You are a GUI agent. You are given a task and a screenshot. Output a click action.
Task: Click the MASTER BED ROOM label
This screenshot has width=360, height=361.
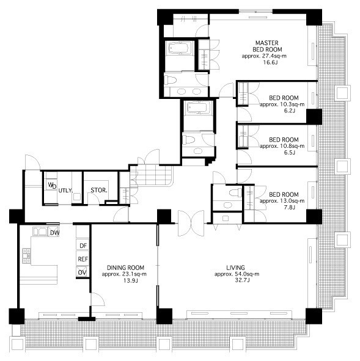coord(267,46)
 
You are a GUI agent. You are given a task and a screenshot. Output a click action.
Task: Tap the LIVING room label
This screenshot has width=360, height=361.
coord(235,268)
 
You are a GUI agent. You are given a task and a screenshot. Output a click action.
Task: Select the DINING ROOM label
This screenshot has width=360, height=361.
coord(125,268)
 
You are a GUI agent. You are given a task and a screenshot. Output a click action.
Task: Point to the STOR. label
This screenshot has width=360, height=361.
coord(99,190)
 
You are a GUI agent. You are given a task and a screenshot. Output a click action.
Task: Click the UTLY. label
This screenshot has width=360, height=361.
coord(65,191)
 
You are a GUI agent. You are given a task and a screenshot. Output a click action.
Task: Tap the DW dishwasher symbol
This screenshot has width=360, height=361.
coord(54,232)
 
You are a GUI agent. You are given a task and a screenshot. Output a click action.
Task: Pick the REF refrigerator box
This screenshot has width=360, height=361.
coord(83,259)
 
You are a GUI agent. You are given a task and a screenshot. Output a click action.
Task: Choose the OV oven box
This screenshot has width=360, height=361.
coord(83,272)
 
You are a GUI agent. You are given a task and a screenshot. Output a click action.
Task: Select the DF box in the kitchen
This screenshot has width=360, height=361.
coord(83,246)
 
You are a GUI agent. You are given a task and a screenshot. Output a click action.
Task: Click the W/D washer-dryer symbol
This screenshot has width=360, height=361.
coord(51,185)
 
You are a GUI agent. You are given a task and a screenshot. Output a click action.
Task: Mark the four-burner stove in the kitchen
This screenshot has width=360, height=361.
coord(26,256)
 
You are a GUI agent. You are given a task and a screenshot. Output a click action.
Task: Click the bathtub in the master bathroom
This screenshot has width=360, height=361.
coord(180,48)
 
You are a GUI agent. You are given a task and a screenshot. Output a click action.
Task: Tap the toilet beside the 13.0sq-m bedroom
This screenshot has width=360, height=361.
coord(235,192)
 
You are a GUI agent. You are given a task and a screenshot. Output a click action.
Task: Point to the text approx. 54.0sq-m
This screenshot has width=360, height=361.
coord(237,274)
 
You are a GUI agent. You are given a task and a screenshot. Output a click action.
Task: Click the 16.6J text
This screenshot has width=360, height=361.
coord(270,62)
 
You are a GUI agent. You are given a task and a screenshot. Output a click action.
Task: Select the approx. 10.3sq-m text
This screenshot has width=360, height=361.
coord(282,104)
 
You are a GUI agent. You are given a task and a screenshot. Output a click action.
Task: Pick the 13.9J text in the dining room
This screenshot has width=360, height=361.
coord(131,280)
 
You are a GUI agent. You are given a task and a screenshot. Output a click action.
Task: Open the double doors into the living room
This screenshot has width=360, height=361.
coord(191,223)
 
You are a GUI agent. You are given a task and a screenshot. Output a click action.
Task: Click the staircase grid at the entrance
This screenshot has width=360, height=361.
coord(151,175)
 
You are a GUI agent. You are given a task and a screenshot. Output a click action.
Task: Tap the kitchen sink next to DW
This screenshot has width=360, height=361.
coord(40,232)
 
